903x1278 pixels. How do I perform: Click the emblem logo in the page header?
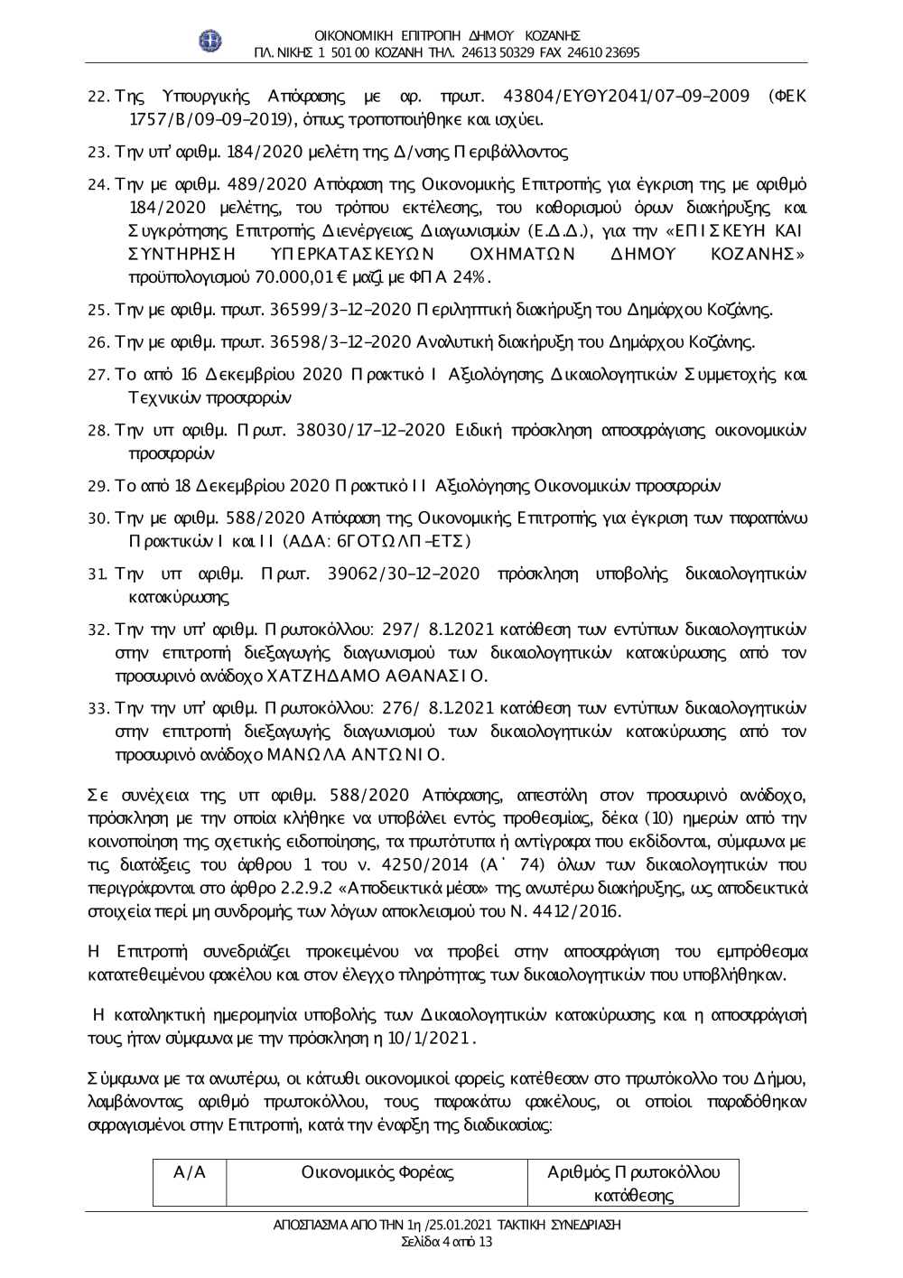pyautogui.click(x=210, y=40)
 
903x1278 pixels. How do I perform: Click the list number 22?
pyautogui.click(x=100, y=95)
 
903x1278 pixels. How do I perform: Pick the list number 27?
pyautogui.click(x=100, y=374)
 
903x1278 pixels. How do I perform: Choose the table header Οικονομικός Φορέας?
pyautogui.click(x=377, y=1172)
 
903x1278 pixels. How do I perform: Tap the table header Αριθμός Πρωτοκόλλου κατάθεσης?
pyautogui.click(x=634, y=1183)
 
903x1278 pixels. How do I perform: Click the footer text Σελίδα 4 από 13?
pyautogui.click(x=447, y=1242)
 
